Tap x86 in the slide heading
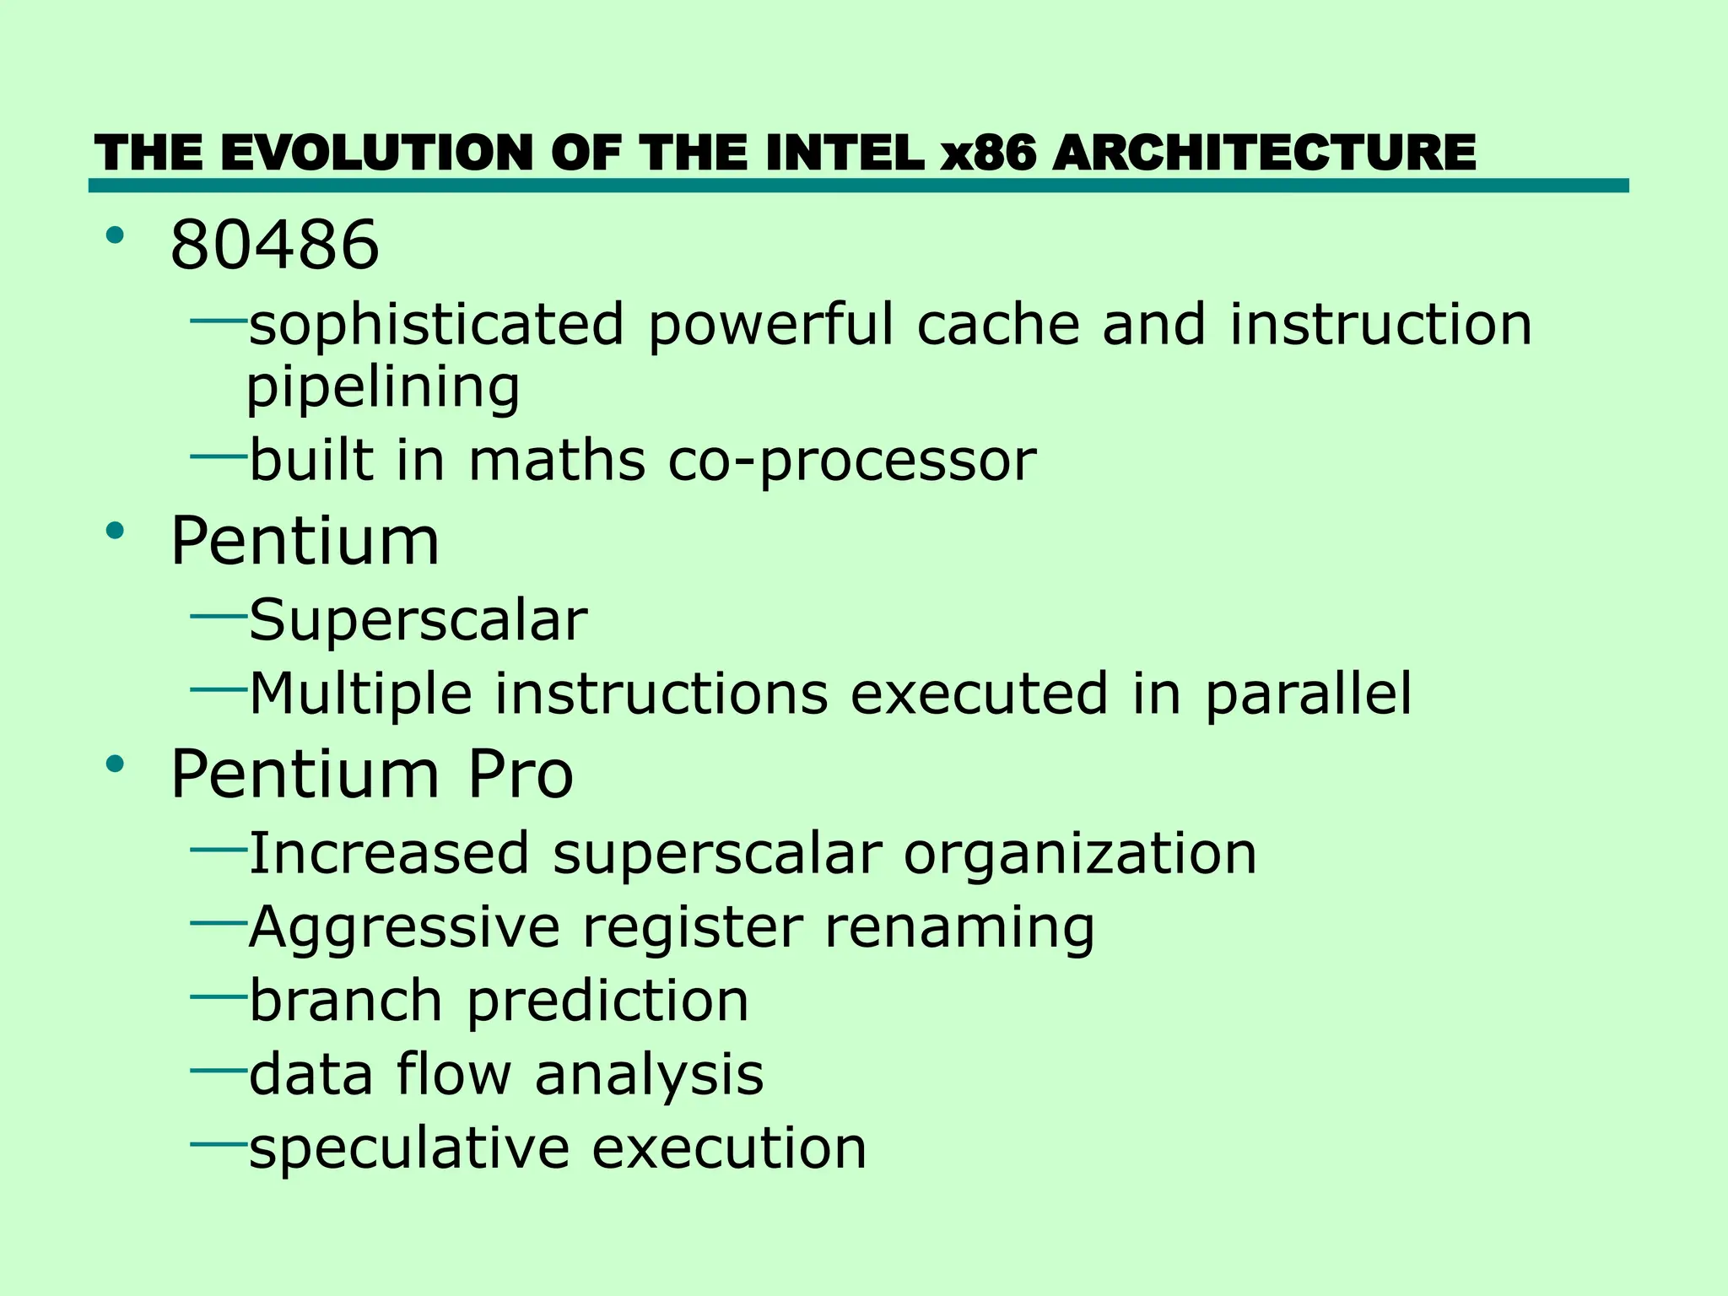click(988, 154)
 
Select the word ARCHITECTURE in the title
click(1265, 154)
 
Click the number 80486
click(274, 245)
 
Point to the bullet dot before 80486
click(116, 235)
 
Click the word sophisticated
click(436, 325)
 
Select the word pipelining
click(383, 388)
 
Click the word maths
click(557, 461)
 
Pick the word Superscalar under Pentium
click(418, 620)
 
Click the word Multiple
click(361, 694)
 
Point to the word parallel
click(1308, 694)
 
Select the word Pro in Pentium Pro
click(520, 774)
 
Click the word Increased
click(389, 853)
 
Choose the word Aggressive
click(404, 927)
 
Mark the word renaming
click(959, 927)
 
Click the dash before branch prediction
click(218, 996)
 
